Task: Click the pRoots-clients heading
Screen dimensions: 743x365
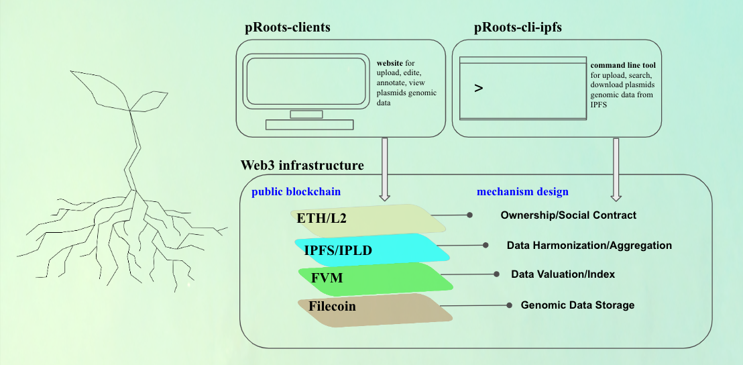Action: [x=287, y=28]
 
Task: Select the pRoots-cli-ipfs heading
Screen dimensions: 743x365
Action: [x=518, y=28]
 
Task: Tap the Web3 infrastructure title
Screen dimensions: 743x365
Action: [x=302, y=165]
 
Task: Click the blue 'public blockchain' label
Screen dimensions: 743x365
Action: [x=296, y=191]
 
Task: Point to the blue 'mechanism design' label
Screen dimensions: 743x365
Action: [x=522, y=192]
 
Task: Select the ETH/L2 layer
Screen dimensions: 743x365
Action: [x=368, y=219]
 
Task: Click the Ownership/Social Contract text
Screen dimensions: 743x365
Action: [x=568, y=215]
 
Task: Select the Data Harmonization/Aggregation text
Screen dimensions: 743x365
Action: [x=589, y=246]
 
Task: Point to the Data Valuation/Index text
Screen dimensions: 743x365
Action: [x=563, y=274]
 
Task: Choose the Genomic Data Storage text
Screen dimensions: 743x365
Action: [x=577, y=305]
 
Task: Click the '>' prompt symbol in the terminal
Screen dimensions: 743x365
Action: [x=479, y=88]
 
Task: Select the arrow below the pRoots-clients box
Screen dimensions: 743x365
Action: [x=385, y=169]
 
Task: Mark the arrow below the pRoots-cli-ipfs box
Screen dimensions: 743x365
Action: [x=616, y=169]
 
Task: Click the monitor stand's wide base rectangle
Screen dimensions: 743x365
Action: [x=309, y=125]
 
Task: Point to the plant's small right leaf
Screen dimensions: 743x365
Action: [x=149, y=101]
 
